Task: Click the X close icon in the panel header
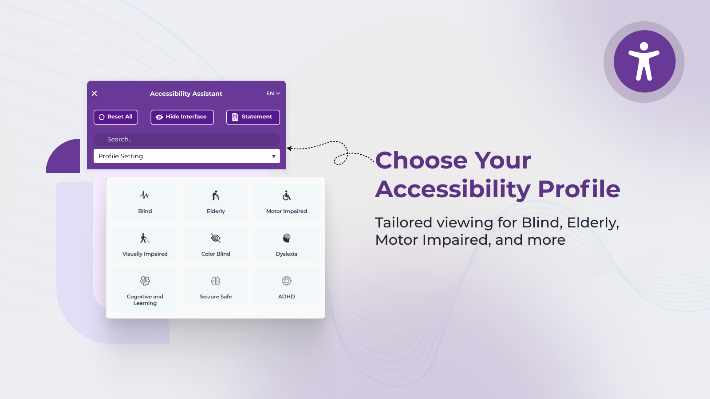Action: [x=94, y=94]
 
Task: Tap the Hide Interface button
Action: [x=182, y=117]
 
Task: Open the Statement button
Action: [x=253, y=117]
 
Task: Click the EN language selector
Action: [x=273, y=94]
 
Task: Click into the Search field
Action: [x=187, y=139]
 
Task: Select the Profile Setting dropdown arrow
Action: [x=273, y=156]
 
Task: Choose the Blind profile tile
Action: [x=145, y=201]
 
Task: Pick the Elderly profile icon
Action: [x=216, y=196]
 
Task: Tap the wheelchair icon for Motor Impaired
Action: [x=287, y=196]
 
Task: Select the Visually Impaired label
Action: [x=145, y=254]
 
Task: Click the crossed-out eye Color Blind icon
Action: [x=216, y=238]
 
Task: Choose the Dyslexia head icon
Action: [x=287, y=238]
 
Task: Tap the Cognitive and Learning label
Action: [x=145, y=300]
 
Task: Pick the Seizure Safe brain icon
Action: [x=216, y=281]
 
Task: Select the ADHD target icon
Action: [x=287, y=281]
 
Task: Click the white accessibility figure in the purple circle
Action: [x=644, y=61]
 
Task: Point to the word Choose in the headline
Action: [x=421, y=160]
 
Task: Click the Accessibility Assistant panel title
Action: [x=186, y=94]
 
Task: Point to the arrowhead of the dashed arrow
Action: [x=289, y=148]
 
